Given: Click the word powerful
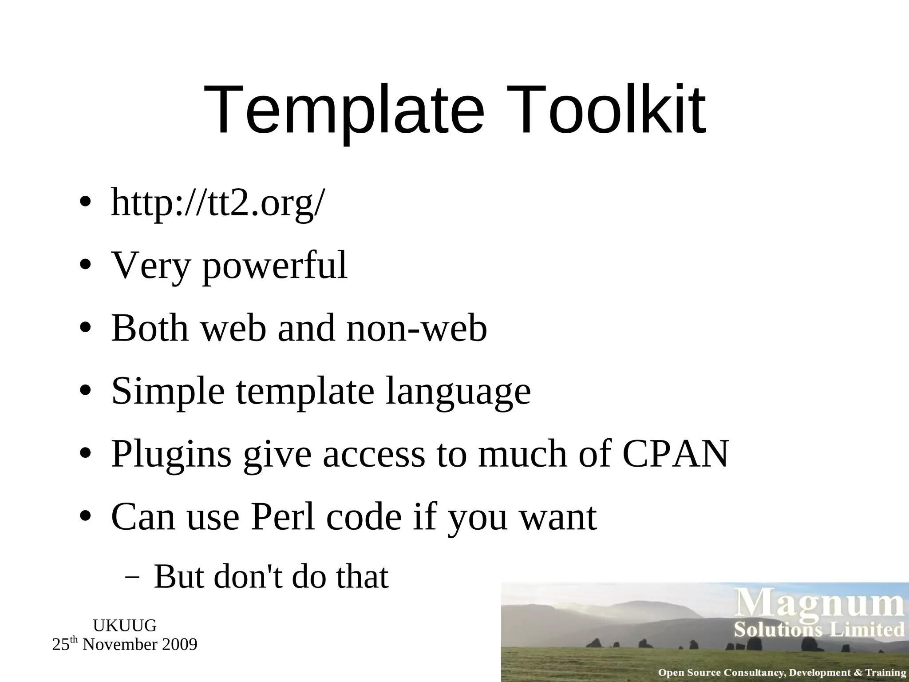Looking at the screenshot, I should tap(275, 266).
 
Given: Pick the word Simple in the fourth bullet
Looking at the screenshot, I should tap(168, 391).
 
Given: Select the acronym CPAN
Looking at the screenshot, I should tap(676, 454).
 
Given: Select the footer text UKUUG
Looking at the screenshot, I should tap(125, 626).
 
